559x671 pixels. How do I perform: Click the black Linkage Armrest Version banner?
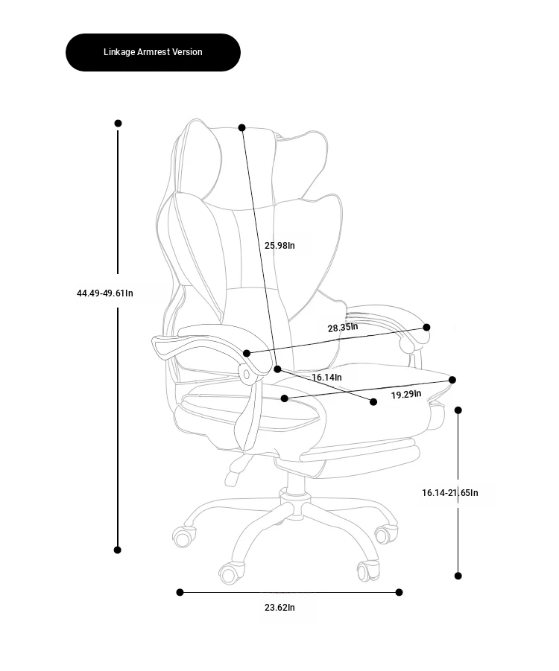pyautogui.click(x=153, y=52)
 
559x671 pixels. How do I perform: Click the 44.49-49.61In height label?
pyautogui.click(x=105, y=293)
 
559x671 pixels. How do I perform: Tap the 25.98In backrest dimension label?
pyautogui.click(x=279, y=245)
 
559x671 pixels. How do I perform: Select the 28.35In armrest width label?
pyautogui.click(x=343, y=328)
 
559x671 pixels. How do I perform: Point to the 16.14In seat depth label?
pyautogui.click(x=327, y=377)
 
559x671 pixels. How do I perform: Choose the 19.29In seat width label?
pyautogui.click(x=406, y=394)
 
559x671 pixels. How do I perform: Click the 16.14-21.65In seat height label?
pyautogui.click(x=450, y=492)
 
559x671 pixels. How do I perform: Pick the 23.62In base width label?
pyautogui.click(x=279, y=607)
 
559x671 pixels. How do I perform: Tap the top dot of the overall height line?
pyautogui.click(x=119, y=123)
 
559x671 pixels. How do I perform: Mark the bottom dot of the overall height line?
pyautogui.click(x=117, y=550)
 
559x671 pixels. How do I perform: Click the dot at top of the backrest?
pyautogui.click(x=242, y=127)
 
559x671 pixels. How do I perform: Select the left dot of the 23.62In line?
pyautogui.click(x=180, y=592)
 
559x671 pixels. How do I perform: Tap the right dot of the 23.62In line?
pyautogui.click(x=399, y=592)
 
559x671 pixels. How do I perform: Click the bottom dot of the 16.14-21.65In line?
pyautogui.click(x=458, y=576)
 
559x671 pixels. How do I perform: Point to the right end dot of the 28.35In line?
pyautogui.click(x=426, y=328)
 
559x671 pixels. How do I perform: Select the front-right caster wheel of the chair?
pyautogui.click(x=368, y=570)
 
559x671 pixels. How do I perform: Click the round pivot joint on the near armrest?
pyautogui.click(x=246, y=375)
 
